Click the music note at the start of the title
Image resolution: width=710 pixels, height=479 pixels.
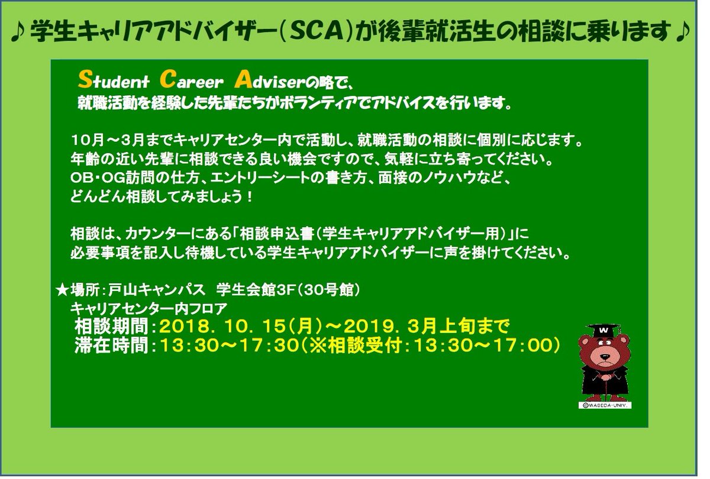pos(18,34)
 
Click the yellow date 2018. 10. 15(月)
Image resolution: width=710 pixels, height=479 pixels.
pos(240,326)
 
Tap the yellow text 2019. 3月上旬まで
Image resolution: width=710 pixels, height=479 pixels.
pos(426,326)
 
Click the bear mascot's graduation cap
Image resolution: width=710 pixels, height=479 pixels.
pos(603,329)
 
